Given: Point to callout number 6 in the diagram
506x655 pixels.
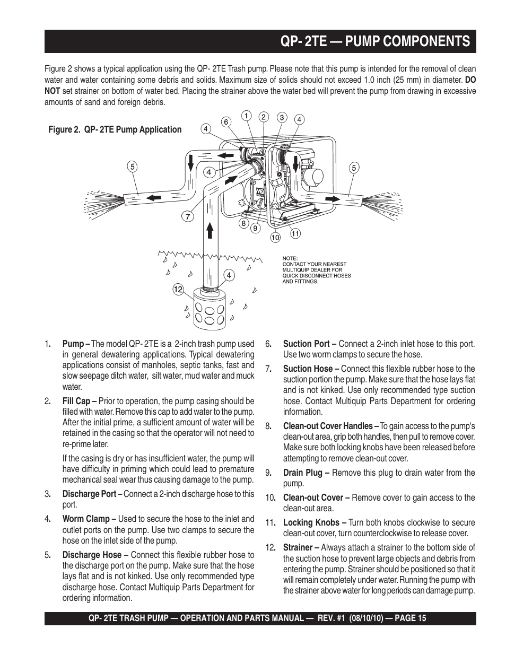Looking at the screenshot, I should coord(225,122).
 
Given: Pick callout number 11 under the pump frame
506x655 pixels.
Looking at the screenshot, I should coord(295,233).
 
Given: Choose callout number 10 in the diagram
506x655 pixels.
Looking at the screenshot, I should coord(275,238).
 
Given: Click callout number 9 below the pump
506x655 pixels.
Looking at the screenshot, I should coord(255,229).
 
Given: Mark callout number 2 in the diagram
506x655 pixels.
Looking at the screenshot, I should coord(264,117).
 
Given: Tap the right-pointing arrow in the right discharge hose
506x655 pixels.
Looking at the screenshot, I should coord(333,198).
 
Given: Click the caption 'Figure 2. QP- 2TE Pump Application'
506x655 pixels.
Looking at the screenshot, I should coord(115,129).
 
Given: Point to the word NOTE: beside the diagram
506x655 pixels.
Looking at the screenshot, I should coord(290,258).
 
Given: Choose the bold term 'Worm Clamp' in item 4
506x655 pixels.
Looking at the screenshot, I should coord(86,519).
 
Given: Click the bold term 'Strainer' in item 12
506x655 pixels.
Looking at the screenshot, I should coord(298,547).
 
